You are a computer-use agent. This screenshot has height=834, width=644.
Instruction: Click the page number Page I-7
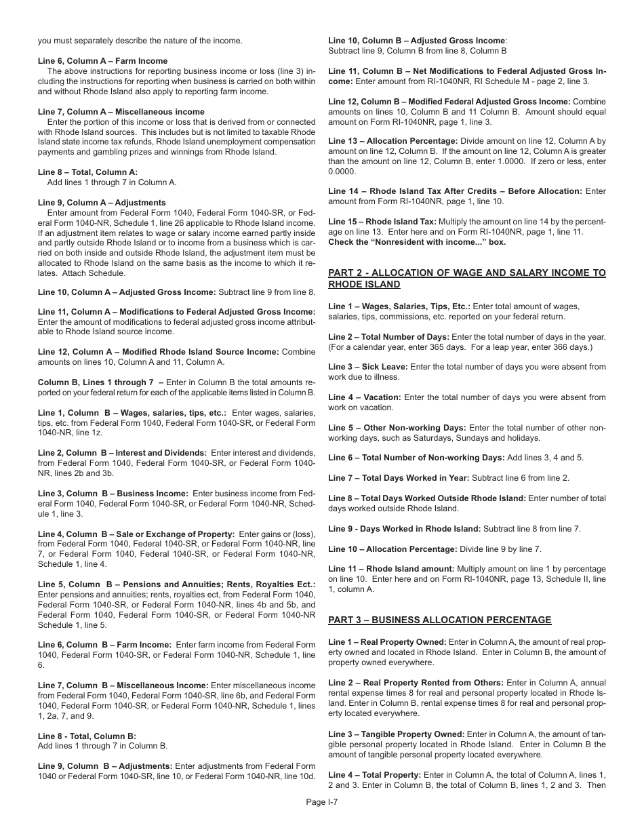coord(321,801)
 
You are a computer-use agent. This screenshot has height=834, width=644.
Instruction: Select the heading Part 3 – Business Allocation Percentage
coord(439,620)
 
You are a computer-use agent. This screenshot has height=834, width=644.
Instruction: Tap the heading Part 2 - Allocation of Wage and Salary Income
coord(467,279)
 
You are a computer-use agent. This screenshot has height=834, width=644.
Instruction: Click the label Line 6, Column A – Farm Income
coord(102,61)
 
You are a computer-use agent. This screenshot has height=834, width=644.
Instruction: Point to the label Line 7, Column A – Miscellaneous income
coord(121,112)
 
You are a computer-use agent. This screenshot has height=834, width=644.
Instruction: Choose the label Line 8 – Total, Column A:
coord(87,172)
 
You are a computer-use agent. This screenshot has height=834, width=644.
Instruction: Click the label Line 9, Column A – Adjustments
coord(102,203)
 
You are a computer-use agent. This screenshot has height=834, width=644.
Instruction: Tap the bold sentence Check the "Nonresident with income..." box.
coord(417,242)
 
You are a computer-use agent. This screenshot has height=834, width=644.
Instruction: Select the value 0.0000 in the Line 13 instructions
coord(342,172)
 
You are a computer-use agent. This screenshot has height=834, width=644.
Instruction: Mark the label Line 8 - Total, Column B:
coord(87,736)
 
